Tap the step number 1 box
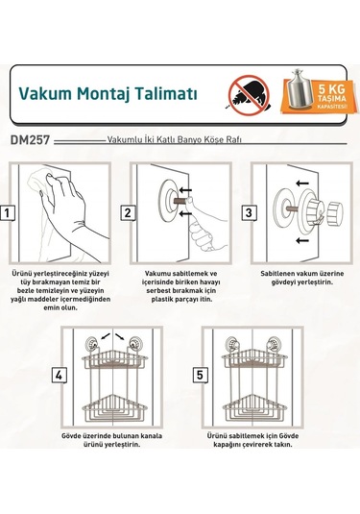coord(8,213)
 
